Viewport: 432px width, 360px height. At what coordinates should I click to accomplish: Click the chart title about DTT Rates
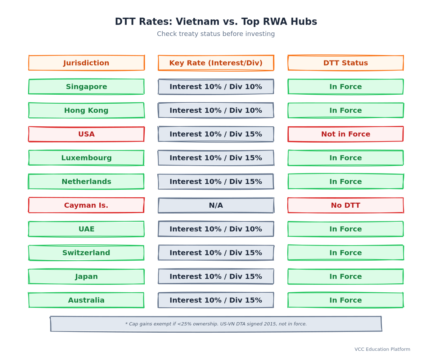pyautogui.click(x=216, y=22)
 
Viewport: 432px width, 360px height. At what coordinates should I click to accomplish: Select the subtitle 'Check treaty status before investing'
pyautogui.click(x=216, y=34)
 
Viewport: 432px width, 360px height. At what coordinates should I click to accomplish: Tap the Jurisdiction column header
pyautogui.click(x=86, y=63)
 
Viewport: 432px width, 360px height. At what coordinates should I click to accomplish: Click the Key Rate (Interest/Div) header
pyautogui.click(x=216, y=63)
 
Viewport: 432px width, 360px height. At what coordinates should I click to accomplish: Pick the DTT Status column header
pyautogui.click(x=346, y=63)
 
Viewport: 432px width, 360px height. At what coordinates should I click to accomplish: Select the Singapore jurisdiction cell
pyautogui.click(x=86, y=86)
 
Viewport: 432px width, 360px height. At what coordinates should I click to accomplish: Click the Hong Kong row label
pyautogui.click(x=86, y=110)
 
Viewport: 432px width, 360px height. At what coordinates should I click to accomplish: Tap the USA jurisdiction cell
pyautogui.click(x=86, y=134)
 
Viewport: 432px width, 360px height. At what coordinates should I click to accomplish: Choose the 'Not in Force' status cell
pyautogui.click(x=346, y=134)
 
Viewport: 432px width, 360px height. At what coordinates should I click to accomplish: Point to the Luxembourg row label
pyautogui.click(x=86, y=158)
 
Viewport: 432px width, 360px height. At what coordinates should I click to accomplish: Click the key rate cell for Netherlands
pyautogui.click(x=216, y=181)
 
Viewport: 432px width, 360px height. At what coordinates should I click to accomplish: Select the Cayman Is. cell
pyautogui.click(x=86, y=205)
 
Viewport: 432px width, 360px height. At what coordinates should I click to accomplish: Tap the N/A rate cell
pyautogui.click(x=216, y=205)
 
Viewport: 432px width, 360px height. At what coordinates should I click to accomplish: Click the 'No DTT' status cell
pyautogui.click(x=346, y=205)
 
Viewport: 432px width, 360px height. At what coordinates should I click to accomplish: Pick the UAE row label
pyautogui.click(x=86, y=229)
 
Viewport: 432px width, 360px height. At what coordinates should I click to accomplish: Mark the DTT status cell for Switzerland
pyautogui.click(x=346, y=253)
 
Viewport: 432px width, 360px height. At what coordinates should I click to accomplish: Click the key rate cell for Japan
pyautogui.click(x=216, y=276)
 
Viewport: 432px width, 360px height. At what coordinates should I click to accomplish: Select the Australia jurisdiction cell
pyautogui.click(x=86, y=300)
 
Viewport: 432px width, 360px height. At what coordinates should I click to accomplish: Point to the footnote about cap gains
pyautogui.click(x=216, y=324)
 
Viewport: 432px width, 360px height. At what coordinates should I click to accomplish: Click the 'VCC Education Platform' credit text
pyautogui.click(x=382, y=349)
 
